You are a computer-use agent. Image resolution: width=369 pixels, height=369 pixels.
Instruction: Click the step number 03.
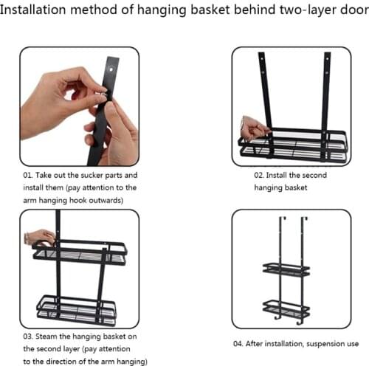click(x=32, y=336)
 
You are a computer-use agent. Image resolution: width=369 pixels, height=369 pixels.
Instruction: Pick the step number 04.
click(x=241, y=342)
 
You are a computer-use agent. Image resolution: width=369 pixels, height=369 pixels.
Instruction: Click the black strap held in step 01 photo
click(x=103, y=111)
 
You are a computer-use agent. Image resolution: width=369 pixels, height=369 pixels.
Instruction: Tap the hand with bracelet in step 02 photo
click(x=253, y=130)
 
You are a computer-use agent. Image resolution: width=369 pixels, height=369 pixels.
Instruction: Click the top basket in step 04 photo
click(x=286, y=270)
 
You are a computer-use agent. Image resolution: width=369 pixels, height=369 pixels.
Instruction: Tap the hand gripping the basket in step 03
click(x=41, y=237)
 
